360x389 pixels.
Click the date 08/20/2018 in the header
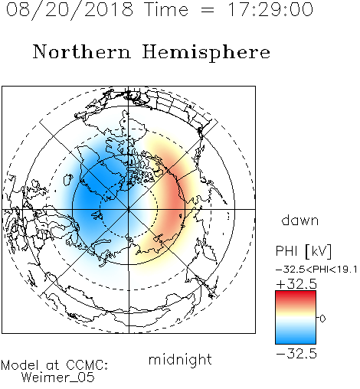coord(70,10)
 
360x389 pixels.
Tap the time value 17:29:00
coord(270,9)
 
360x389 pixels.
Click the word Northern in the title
coord(82,51)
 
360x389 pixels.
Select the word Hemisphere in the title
coord(206,53)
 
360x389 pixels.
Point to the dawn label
coord(300,220)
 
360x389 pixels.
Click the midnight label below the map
coord(180,360)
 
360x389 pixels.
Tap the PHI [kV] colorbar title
coord(303,251)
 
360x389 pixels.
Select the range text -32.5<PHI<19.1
coord(316,270)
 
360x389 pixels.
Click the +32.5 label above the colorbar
coord(296,284)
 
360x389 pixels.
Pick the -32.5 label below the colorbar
coord(296,354)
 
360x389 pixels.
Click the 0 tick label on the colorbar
coord(322,319)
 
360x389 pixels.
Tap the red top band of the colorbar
coord(296,296)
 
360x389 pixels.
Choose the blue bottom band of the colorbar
coord(296,338)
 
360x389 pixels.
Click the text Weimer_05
coord(58,378)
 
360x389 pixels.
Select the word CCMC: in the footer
coord(87,365)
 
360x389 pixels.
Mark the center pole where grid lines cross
coord(129,209)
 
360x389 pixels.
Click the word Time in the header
coord(166,9)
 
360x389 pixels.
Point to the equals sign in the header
coord(208,11)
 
